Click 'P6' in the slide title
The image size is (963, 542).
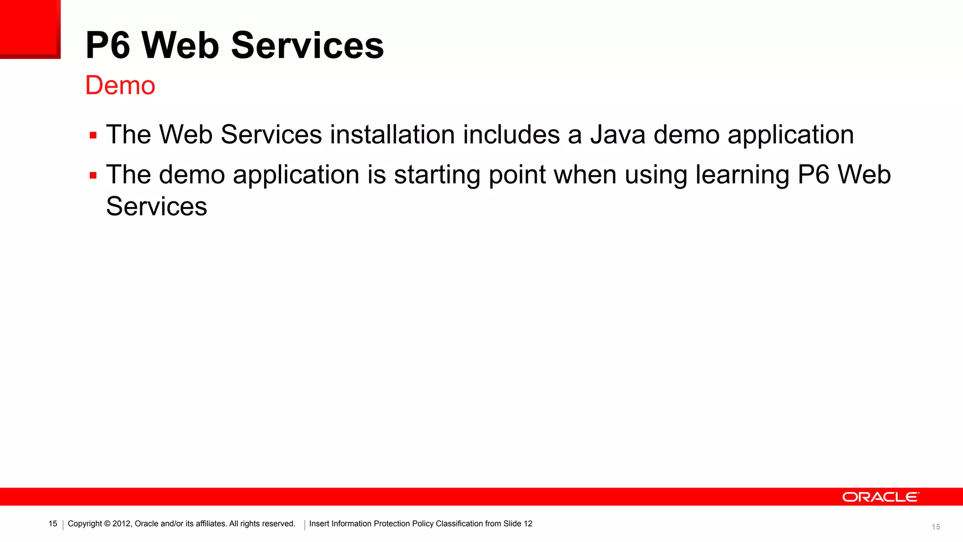point(108,46)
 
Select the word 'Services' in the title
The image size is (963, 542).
point(308,46)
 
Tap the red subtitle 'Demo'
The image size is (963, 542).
point(120,86)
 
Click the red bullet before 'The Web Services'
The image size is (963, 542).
point(93,136)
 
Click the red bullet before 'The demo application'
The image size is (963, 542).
point(93,176)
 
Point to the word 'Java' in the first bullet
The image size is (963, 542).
point(618,135)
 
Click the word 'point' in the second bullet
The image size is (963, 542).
point(517,175)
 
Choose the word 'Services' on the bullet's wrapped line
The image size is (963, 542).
point(157,207)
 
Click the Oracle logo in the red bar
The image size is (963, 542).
point(880,497)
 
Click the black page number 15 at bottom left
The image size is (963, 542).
point(53,524)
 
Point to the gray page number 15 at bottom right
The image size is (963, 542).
point(936,527)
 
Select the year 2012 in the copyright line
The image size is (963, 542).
point(121,524)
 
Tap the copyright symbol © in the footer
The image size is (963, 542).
point(107,524)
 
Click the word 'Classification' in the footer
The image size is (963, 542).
point(459,524)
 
